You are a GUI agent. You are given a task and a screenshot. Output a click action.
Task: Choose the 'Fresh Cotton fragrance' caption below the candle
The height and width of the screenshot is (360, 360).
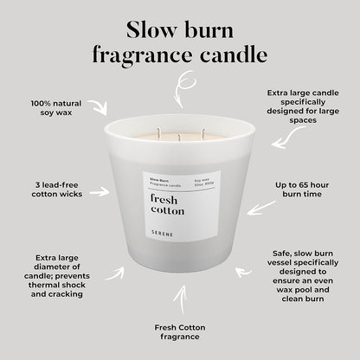tap(180, 332)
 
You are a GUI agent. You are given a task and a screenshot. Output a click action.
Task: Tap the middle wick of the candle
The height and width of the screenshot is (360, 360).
tap(179, 135)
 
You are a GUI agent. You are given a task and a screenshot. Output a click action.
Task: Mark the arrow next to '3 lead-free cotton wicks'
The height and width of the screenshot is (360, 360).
tap(100, 192)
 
